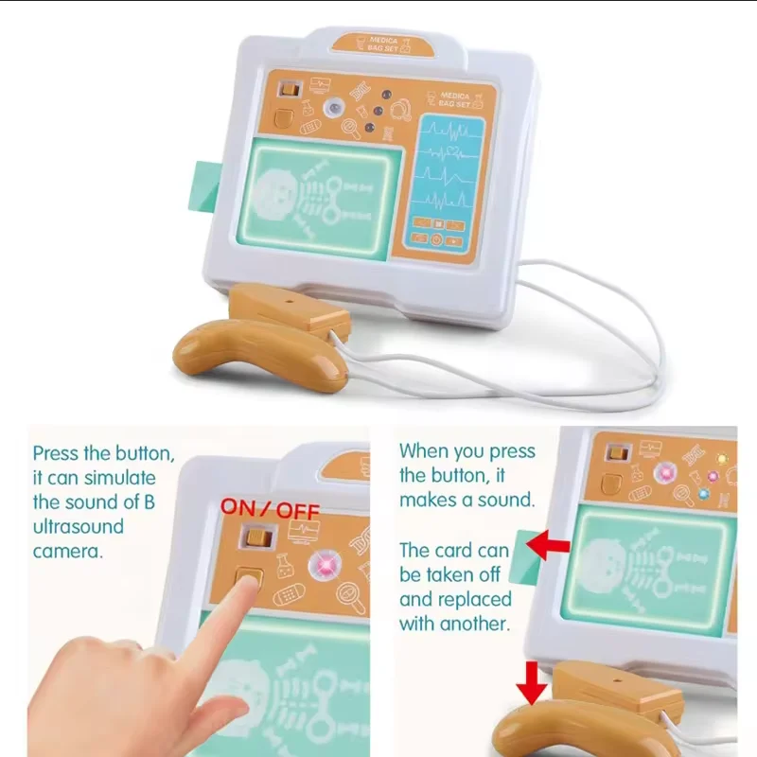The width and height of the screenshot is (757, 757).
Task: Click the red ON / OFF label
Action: pyautogui.click(x=270, y=509)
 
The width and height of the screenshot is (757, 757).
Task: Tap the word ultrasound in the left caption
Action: pyautogui.click(x=79, y=526)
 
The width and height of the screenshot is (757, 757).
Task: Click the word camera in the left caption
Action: pyautogui.click(x=68, y=552)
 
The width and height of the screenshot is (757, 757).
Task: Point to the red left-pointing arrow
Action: pyautogui.click(x=548, y=546)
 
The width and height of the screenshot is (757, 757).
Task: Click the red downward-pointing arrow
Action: pyautogui.click(x=532, y=683)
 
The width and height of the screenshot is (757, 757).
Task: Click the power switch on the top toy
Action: pyautogui.click(x=290, y=90)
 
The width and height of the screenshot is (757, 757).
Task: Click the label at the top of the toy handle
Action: pyautogui.click(x=383, y=44)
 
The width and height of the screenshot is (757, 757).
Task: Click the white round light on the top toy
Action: pyautogui.click(x=333, y=107)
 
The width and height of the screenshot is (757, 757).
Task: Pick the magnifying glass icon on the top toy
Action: pyautogui.click(x=351, y=128)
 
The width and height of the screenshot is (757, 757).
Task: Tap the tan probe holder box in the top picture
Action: pyautogui.click(x=289, y=308)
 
